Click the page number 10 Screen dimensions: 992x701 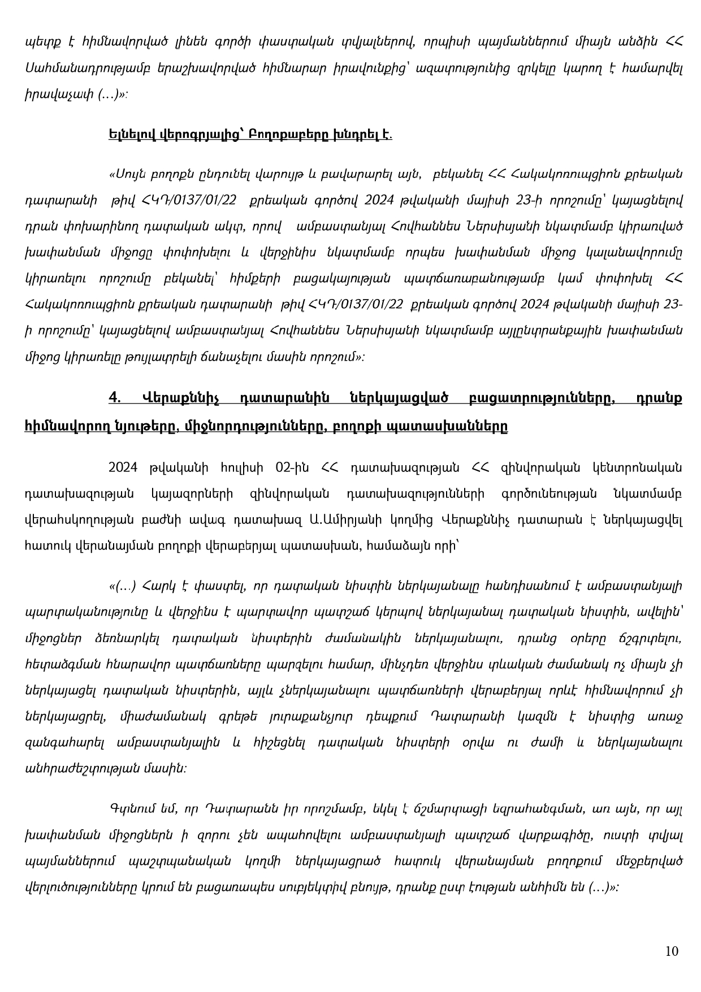pyautogui.click(x=672, y=951)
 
